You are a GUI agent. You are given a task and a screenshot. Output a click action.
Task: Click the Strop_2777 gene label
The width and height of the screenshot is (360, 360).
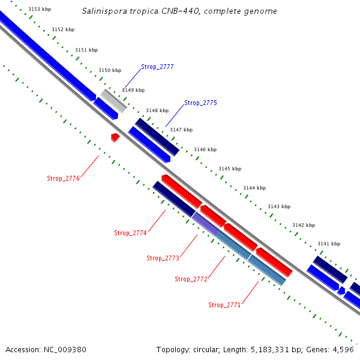(157, 67)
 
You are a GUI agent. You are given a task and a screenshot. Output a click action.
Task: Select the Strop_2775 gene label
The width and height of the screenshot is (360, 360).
(200, 103)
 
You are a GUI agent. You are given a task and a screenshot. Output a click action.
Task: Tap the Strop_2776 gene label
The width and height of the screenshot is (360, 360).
(63, 178)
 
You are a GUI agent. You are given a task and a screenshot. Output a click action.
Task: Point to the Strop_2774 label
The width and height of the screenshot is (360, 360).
(130, 233)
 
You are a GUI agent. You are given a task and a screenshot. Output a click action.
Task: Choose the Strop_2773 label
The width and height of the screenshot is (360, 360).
(163, 258)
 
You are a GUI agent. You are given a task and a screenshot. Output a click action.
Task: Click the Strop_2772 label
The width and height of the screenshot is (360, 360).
(191, 279)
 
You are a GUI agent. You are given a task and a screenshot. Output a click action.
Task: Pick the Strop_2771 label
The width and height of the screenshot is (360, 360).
(224, 305)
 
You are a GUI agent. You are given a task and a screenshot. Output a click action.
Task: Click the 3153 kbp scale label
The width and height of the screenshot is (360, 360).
(40, 9)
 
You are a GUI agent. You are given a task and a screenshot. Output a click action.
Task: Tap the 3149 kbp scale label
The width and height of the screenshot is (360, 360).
(133, 90)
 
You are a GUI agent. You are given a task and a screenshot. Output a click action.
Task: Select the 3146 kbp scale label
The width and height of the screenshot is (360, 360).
(205, 149)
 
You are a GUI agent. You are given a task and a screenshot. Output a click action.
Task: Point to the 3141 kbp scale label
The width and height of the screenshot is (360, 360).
(329, 244)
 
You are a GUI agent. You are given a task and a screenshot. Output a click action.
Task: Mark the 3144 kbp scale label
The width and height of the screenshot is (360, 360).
(254, 188)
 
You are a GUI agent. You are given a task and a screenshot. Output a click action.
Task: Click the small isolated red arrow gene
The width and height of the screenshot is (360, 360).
(115, 137)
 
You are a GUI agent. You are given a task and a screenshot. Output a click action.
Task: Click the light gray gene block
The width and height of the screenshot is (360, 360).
(113, 101)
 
